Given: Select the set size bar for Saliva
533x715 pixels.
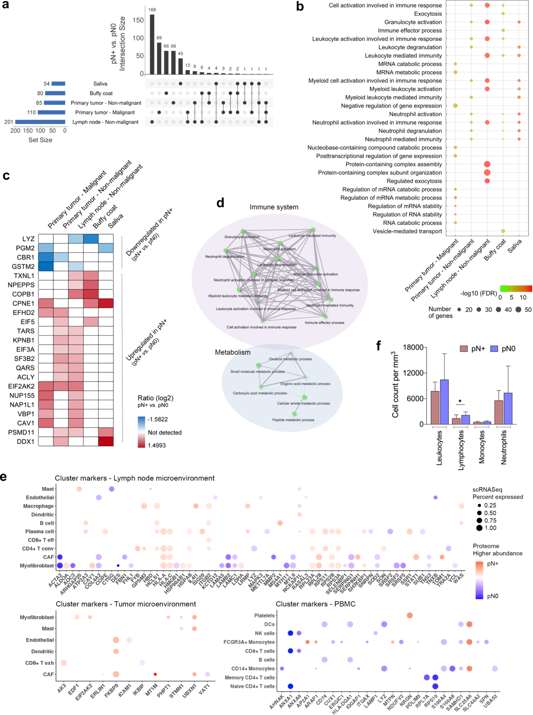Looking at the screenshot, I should click(x=58, y=84).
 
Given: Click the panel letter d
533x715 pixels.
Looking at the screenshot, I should click(x=220, y=204).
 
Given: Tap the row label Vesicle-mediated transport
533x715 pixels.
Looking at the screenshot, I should click(x=407, y=231).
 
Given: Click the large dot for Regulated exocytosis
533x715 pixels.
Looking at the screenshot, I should click(x=487, y=181).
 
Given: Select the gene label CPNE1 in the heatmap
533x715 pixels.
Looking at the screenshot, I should click(x=24, y=304).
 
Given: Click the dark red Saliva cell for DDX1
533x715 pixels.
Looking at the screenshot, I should click(x=106, y=441).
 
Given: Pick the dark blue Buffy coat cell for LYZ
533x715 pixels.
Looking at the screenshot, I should click(x=91, y=239).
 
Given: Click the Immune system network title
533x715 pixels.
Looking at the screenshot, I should click(x=274, y=207).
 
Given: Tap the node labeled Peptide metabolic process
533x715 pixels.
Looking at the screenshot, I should click(x=294, y=414).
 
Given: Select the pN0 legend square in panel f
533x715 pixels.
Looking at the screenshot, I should click(x=494, y=349).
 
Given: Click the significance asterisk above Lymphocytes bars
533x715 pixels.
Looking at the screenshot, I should click(x=460, y=402).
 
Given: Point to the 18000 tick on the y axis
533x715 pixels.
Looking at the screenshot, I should click(x=413, y=347).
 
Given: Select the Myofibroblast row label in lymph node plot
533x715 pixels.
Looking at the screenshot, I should click(x=37, y=566).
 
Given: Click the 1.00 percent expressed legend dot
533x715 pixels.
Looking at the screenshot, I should click(x=479, y=528).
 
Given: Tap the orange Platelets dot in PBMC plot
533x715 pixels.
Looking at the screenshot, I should click(x=410, y=615).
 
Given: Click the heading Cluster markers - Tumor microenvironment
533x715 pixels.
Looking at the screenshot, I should click(x=126, y=604).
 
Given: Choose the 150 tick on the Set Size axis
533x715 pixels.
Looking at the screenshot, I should click(x=28, y=131).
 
